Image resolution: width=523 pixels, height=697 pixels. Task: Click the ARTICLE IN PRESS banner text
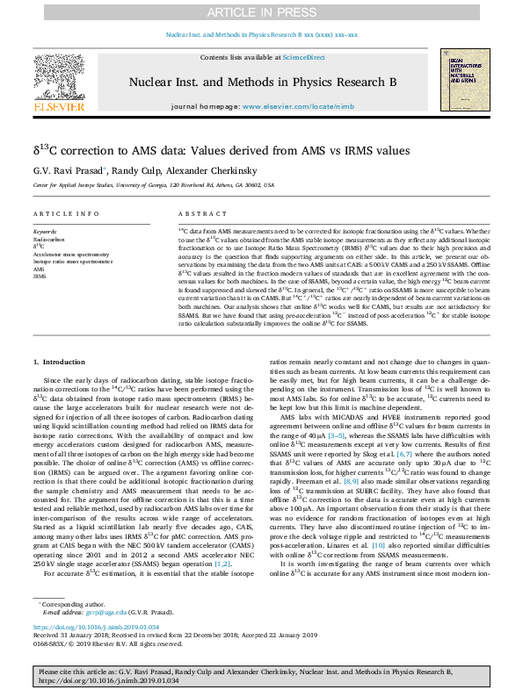[261, 11]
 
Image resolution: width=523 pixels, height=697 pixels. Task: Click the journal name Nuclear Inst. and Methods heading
[261, 81]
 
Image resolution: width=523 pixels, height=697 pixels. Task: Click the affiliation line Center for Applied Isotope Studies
[153, 186]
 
